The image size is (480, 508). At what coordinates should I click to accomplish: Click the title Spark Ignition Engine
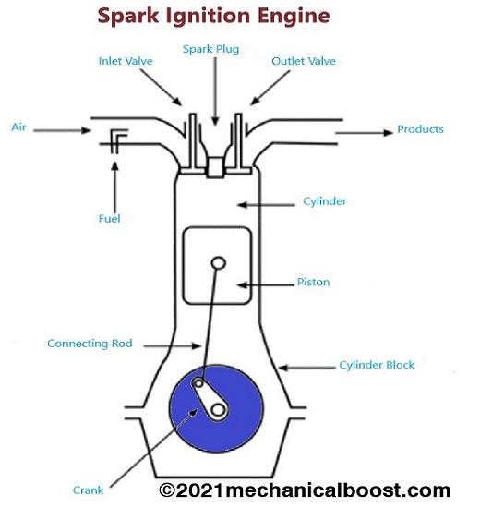[x=214, y=17]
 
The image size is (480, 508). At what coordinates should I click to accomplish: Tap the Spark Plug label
[x=210, y=49]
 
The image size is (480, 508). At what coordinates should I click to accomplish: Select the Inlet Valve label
[x=126, y=61]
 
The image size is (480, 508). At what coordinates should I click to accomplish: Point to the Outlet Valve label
[x=304, y=61]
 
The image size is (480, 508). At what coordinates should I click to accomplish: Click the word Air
[x=18, y=127]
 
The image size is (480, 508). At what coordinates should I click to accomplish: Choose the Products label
[x=420, y=129]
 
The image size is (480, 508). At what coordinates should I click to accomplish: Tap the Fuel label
[x=110, y=219]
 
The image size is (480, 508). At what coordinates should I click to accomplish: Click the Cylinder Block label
[x=377, y=365]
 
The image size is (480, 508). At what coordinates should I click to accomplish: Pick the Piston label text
[x=314, y=283]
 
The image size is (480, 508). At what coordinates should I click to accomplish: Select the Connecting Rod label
[x=90, y=344]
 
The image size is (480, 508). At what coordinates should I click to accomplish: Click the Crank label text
[x=88, y=490]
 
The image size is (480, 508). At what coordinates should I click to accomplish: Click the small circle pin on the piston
[x=219, y=263]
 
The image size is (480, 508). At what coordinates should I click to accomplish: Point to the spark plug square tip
[x=215, y=167]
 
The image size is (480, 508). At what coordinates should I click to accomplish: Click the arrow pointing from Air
[x=62, y=130]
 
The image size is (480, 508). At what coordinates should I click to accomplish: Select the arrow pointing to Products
[x=364, y=132]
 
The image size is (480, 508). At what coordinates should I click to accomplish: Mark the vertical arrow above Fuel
[x=114, y=187]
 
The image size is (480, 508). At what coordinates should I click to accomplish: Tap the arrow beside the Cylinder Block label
[x=307, y=368]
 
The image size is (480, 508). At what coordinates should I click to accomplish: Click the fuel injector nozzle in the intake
[x=116, y=141]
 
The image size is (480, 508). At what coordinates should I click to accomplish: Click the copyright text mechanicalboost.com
[x=305, y=490]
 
